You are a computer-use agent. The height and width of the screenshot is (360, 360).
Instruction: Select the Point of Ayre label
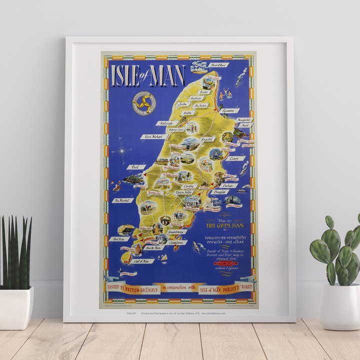click(x=220, y=65)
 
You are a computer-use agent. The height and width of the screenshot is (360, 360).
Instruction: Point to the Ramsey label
click(x=229, y=110)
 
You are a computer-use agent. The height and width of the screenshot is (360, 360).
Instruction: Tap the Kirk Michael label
click(x=154, y=136)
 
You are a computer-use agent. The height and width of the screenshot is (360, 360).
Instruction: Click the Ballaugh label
click(x=167, y=123)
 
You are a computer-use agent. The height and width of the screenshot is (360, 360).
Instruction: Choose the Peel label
click(x=136, y=167)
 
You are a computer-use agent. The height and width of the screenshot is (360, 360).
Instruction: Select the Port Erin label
click(x=119, y=239)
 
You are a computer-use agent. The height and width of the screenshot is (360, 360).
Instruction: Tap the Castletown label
click(x=178, y=242)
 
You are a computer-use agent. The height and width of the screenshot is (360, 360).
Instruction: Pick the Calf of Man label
click(x=144, y=261)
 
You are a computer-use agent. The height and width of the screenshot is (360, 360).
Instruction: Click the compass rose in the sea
click(x=121, y=149)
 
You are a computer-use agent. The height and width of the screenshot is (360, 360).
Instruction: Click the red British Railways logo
click(x=225, y=263)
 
